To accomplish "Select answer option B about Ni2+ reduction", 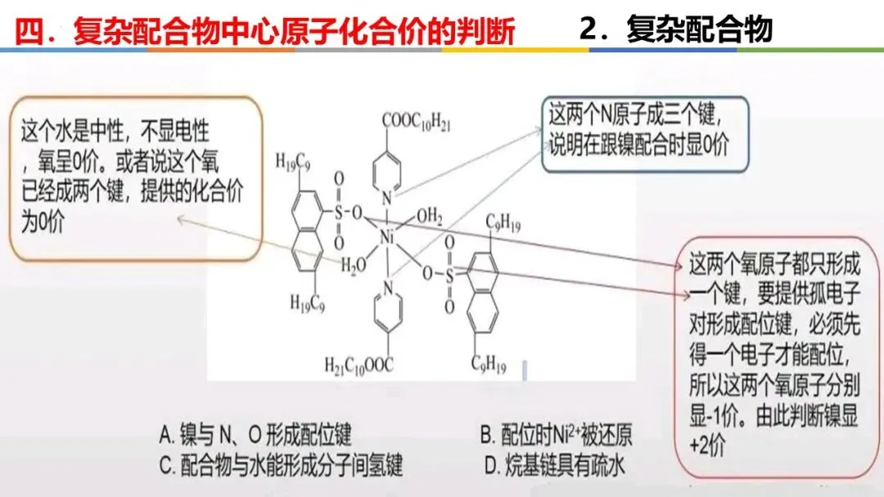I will [556, 434].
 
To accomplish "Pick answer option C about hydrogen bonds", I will [281, 465].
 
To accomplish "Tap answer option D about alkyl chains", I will [554, 465].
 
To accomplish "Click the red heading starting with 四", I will [266, 31].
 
